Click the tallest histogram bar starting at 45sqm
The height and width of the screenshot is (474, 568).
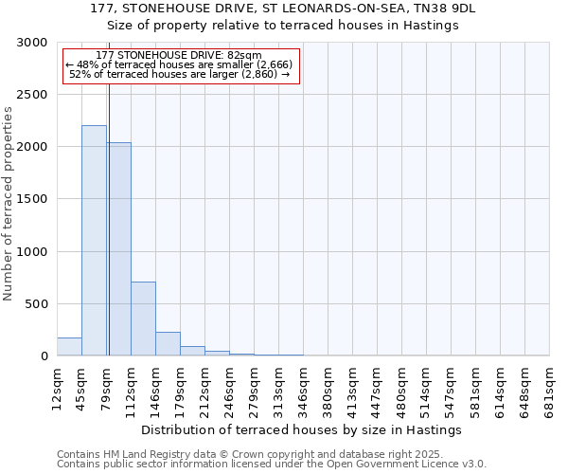click(94, 241)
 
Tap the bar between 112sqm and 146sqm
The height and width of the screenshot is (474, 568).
click(143, 319)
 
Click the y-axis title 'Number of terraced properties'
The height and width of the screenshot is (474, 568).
click(9, 203)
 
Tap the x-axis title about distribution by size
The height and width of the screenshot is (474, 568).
click(307, 429)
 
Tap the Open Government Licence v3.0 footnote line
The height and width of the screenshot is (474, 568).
click(271, 465)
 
